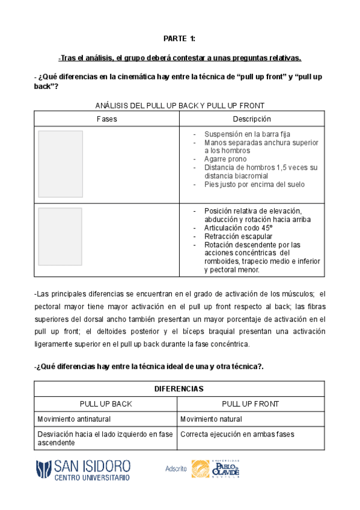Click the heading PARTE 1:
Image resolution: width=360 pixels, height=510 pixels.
point(179,40)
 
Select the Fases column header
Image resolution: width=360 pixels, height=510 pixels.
point(106,119)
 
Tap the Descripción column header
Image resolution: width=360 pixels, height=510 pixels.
point(252,119)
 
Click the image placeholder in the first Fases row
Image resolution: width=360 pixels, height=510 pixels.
point(61,164)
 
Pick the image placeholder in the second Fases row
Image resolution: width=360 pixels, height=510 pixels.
point(61,237)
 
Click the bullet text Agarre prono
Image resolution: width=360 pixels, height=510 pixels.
point(225,159)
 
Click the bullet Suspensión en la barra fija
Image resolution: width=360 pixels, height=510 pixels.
point(247,134)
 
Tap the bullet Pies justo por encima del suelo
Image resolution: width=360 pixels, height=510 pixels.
point(254,185)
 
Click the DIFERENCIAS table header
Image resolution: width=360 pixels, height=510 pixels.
point(179,389)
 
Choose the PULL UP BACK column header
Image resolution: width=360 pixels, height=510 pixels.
point(106,404)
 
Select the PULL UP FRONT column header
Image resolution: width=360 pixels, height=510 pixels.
point(251,404)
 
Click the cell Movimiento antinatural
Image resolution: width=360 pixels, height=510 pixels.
point(74,419)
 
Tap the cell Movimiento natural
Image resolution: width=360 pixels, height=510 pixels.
point(211,419)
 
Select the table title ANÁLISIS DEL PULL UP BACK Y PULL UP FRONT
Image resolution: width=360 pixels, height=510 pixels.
point(179,106)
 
